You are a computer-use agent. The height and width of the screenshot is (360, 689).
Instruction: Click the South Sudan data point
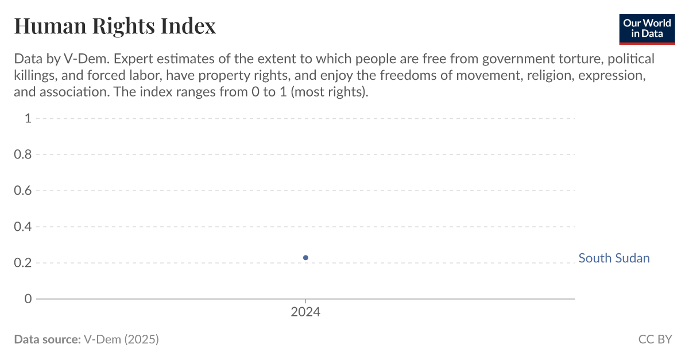point(305,258)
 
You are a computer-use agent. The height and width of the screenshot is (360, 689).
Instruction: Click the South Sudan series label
point(614,258)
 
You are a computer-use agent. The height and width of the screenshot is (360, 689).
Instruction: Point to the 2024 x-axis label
point(305,312)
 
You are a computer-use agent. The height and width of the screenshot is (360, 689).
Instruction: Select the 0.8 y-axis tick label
point(23,154)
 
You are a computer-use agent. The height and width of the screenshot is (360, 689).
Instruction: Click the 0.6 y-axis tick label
point(23,191)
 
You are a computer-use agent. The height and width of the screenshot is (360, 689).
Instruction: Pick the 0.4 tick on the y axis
point(23,227)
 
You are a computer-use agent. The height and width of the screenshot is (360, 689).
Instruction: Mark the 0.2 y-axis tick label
point(23,263)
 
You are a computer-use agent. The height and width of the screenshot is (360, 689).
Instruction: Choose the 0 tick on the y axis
point(28,299)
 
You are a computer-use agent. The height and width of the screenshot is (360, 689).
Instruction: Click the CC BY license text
point(655,339)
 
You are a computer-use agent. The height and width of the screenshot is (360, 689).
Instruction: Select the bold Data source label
point(47,339)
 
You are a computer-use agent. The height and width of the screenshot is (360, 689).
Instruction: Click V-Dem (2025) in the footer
point(121,339)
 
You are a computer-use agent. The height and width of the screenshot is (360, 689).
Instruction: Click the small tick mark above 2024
point(305,301)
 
